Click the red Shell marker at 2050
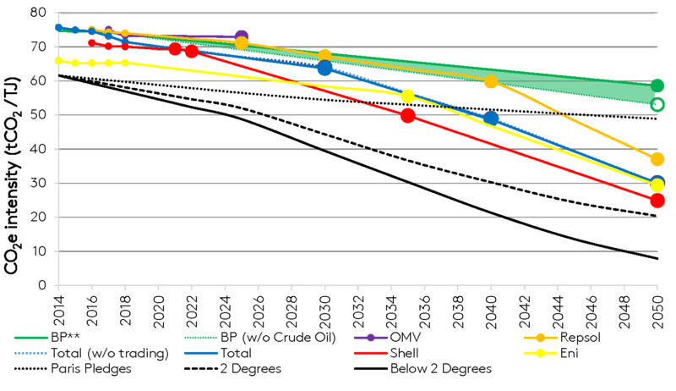657,201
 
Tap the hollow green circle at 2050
657,105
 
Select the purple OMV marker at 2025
242,37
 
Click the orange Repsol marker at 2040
491,81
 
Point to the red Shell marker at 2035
408,115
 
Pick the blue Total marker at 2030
324,68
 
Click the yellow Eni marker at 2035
408,96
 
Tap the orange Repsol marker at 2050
657,159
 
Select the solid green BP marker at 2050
657,85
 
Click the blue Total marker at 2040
491,118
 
